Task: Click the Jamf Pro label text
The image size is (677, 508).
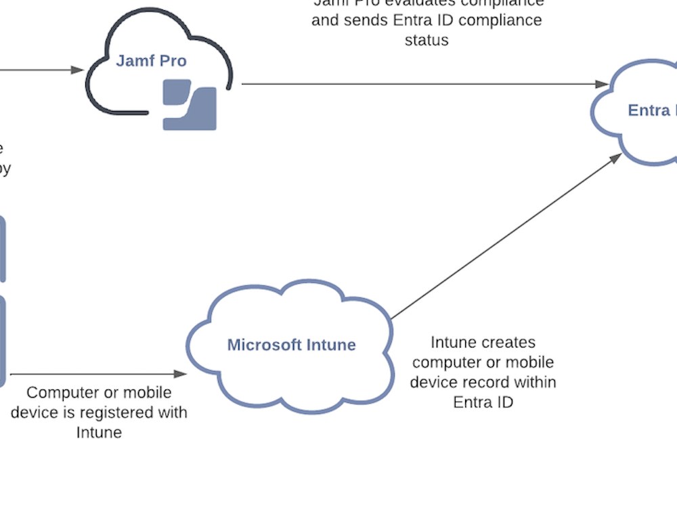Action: coord(151,61)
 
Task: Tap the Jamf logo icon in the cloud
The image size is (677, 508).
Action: coord(190,104)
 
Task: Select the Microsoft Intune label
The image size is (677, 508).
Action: coord(291,345)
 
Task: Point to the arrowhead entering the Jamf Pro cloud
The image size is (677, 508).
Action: coord(77,70)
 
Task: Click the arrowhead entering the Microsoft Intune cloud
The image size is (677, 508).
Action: coord(180,374)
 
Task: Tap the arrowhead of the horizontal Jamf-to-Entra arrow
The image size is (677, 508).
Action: coord(602,84)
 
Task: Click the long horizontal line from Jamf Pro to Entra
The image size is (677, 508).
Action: coord(420,84)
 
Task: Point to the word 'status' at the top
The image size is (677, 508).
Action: coord(427,40)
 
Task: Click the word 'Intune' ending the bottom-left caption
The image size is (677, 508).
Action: coord(99,432)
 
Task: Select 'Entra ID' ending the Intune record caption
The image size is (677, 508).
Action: coord(483,402)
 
